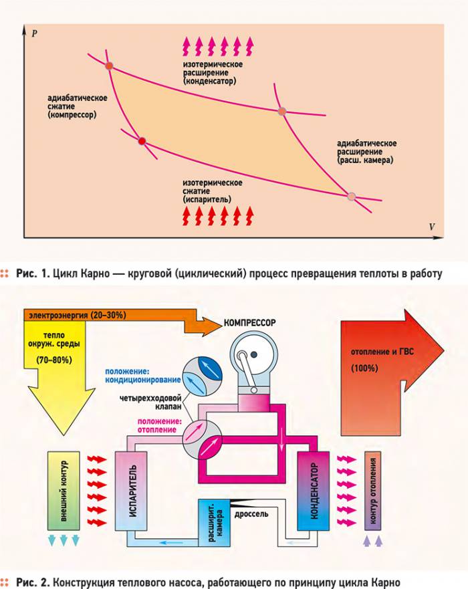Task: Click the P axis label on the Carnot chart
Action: coord(35,33)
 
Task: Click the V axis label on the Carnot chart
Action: coord(432,227)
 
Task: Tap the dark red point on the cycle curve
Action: coord(142,141)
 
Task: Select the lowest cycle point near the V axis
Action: coord(351,196)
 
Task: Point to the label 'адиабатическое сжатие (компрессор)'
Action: coord(77,106)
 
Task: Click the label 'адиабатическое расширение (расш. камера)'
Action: coord(366,152)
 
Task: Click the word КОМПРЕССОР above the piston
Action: coord(249,323)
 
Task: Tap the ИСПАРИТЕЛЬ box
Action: coord(131,490)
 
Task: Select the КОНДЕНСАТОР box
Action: coord(314,491)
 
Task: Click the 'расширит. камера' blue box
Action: coord(215,523)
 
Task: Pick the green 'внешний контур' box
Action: coord(64,491)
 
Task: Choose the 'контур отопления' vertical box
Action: coord(372,491)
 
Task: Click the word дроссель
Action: coord(251,514)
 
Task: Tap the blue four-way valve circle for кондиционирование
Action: coord(202,376)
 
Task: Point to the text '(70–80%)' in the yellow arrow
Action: coord(54,360)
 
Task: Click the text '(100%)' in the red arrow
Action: coord(364,368)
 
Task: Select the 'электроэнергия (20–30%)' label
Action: coord(78,315)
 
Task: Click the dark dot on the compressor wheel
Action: coord(255,354)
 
